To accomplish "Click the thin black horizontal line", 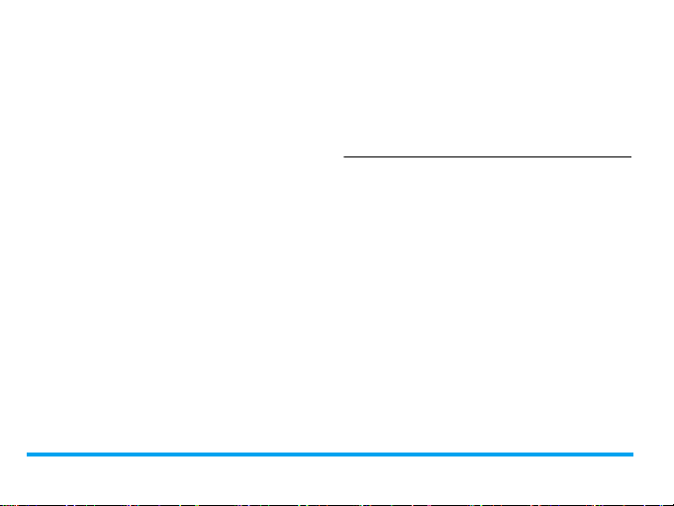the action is [487, 155].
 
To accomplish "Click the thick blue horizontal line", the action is [329, 454].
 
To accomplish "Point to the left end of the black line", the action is [344, 155].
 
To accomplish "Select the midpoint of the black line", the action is [487, 155].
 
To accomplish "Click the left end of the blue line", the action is [28, 454].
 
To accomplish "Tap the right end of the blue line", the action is [631, 454].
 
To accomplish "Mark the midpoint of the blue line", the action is [330, 454].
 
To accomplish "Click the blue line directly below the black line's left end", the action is [344, 454].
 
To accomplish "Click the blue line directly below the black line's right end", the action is [629, 454].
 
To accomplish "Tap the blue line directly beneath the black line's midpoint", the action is [487, 454].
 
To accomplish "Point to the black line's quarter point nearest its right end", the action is [559, 155].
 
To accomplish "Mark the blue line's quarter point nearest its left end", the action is [178, 454].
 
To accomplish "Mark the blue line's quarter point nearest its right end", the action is [481, 454].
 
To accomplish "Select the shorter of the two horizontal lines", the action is [487, 155].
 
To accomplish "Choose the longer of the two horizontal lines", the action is [329, 454].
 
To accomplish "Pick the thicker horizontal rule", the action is [329, 454].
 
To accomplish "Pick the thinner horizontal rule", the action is [487, 155].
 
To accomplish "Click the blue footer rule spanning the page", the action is [329, 454].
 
